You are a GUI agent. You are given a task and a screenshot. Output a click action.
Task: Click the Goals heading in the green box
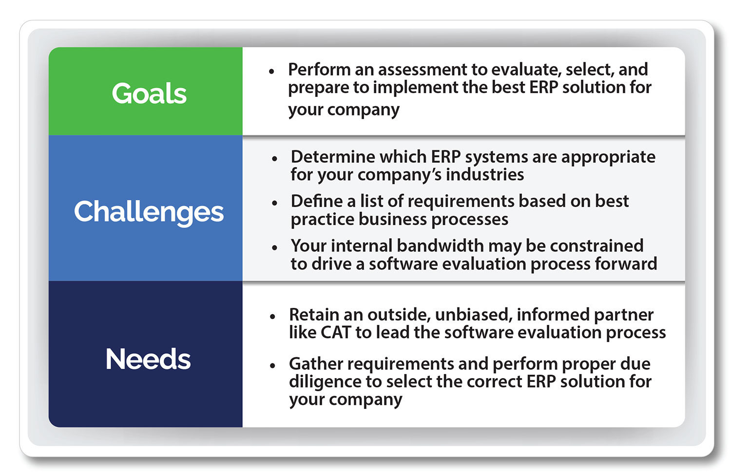[149, 93]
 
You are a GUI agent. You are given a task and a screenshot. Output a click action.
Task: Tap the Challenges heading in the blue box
[149, 212]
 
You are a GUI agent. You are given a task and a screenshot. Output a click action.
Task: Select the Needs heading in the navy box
[148, 360]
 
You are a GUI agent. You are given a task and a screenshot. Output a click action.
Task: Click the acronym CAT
[336, 333]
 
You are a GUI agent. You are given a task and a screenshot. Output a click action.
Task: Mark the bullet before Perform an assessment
[271, 72]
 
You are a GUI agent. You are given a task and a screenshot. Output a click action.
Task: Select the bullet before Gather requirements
[272, 365]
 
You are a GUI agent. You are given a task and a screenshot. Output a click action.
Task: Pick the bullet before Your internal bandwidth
[275, 247]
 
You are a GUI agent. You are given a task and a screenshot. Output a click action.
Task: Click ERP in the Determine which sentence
[446, 157]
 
